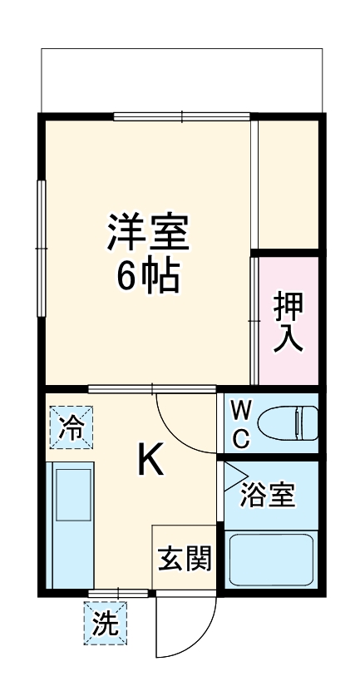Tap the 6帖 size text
pyautogui.click(x=148, y=277)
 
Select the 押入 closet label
pyautogui.click(x=288, y=320)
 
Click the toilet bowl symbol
pyautogui.click(x=288, y=423)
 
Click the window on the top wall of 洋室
pyautogui.click(x=182, y=116)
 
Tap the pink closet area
pyautogui.click(x=288, y=320)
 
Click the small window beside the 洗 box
pyautogui.click(x=120, y=592)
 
